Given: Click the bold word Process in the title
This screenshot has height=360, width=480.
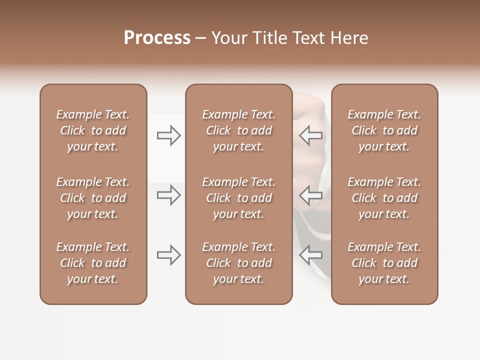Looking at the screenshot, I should pyautogui.click(x=157, y=38).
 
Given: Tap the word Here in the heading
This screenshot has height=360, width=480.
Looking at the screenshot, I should pyautogui.click(x=348, y=38).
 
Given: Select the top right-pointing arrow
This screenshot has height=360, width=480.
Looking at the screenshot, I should pyautogui.click(x=169, y=135).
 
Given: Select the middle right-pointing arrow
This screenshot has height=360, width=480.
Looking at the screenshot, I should pyautogui.click(x=169, y=195).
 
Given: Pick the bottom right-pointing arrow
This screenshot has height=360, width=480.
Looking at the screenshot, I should pyautogui.click(x=169, y=255).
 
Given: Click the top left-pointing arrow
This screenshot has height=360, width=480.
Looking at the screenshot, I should pyautogui.click(x=310, y=135).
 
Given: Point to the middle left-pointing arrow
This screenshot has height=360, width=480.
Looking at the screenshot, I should pyautogui.click(x=310, y=195).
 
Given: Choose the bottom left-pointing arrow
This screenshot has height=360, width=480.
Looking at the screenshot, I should pyautogui.click(x=310, y=255).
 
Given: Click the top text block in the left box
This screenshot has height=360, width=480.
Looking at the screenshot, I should pyautogui.click(x=93, y=130).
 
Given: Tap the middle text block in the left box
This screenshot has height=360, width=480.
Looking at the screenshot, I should pyautogui.click(x=93, y=198).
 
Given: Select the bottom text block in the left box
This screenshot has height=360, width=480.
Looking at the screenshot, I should pyautogui.click(x=93, y=263).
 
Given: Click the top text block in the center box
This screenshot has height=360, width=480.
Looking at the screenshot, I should pyautogui.click(x=238, y=130).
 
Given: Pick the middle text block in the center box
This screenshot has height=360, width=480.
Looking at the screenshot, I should pyautogui.click(x=238, y=198).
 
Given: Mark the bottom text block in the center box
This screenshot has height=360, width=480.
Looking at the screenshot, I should pyautogui.click(x=238, y=263).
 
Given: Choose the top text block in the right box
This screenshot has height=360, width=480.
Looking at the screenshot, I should pyautogui.click(x=384, y=130).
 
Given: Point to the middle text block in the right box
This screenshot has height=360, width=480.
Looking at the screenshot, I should pyautogui.click(x=384, y=198).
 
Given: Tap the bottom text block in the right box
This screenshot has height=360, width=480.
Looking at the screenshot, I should pyautogui.click(x=384, y=263).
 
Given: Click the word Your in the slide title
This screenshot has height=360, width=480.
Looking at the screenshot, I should pyautogui.click(x=227, y=38).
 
